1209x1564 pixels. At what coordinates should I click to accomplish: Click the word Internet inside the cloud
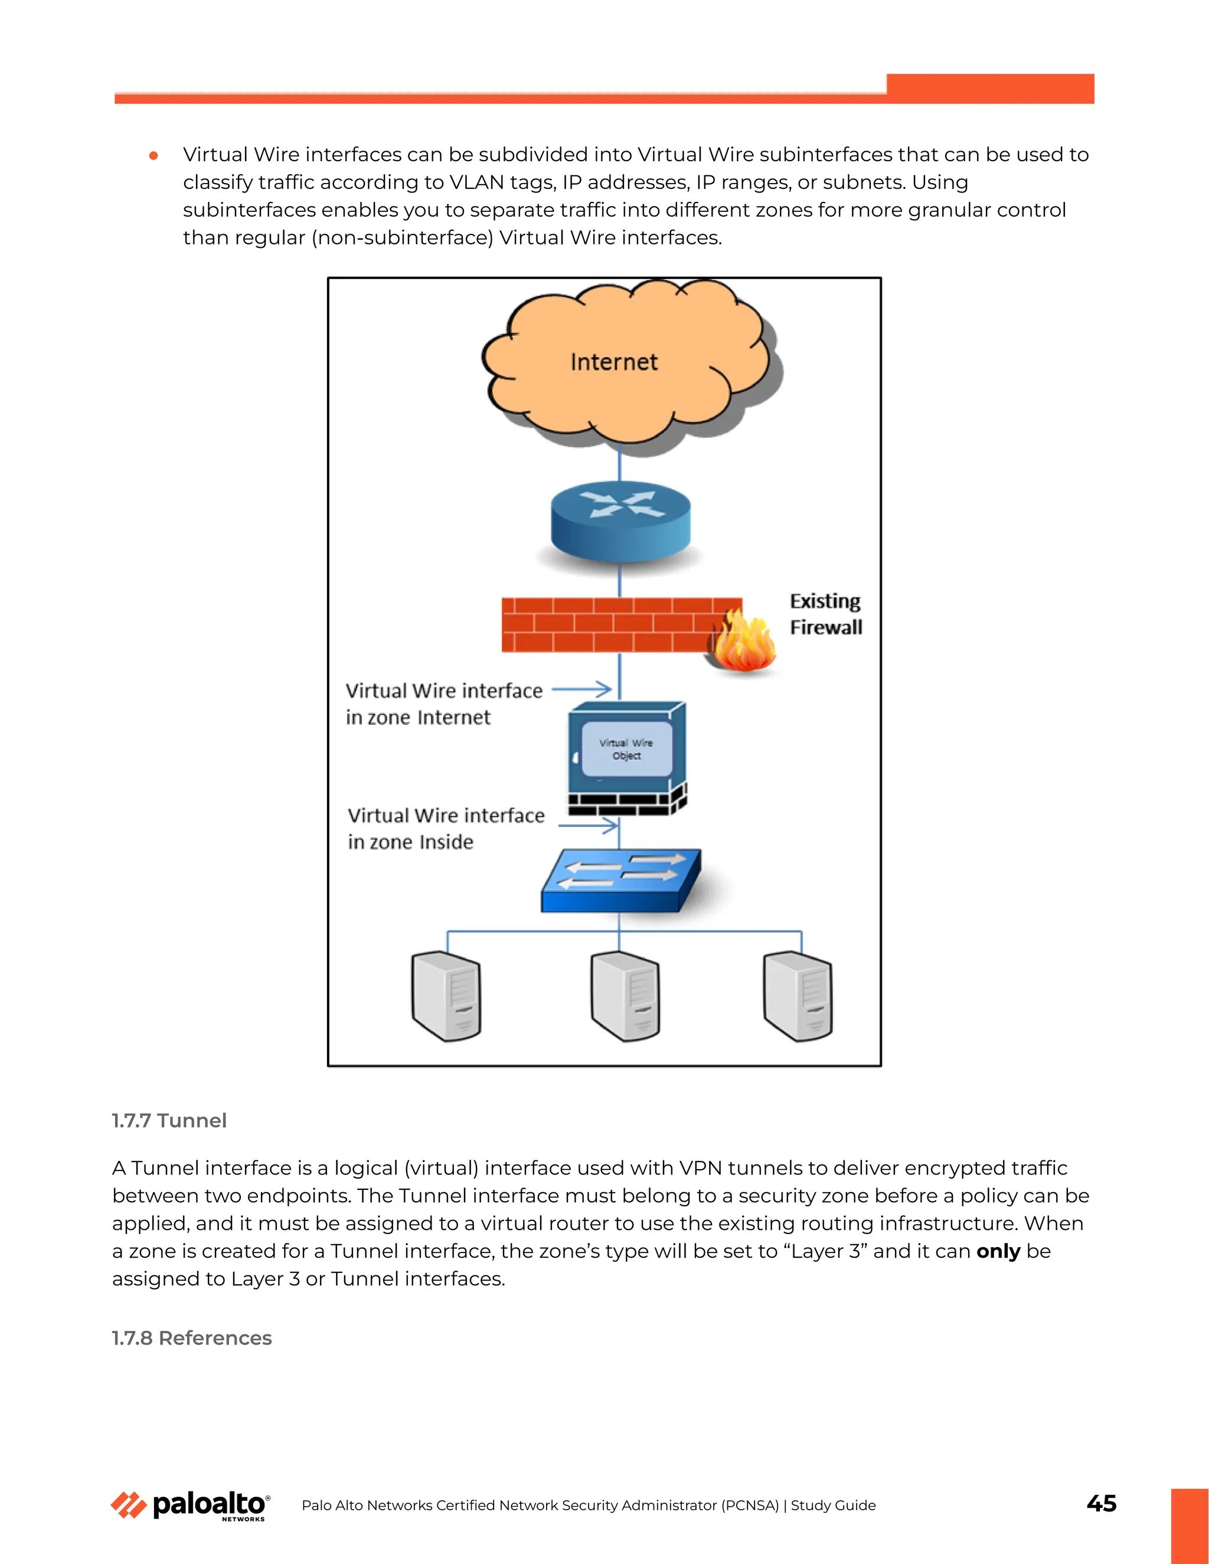click(614, 362)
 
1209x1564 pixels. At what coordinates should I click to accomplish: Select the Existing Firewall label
click(825, 614)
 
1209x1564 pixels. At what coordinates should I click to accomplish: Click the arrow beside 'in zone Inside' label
click(588, 826)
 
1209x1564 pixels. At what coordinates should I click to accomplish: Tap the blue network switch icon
click(621, 881)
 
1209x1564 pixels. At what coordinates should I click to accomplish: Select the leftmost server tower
click(446, 996)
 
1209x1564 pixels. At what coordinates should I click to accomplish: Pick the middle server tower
click(625, 996)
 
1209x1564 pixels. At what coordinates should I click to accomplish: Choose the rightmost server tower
click(798, 996)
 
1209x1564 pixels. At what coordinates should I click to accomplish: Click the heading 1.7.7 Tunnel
click(169, 1121)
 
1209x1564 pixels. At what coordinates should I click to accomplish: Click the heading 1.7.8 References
click(191, 1338)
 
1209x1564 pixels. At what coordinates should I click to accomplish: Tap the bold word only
click(998, 1251)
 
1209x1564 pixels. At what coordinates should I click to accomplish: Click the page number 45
click(1101, 1503)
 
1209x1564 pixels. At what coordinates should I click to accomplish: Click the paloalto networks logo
click(191, 1506)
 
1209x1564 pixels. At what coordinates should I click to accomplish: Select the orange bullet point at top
click(153, 155)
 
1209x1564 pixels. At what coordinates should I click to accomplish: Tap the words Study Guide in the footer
click(833, 1506)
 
